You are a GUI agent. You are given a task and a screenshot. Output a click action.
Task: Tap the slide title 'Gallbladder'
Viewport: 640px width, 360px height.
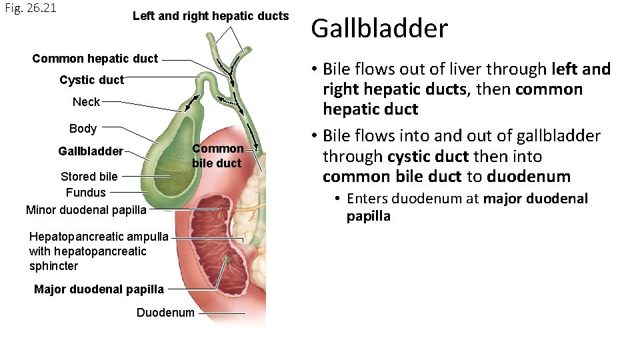[x=379, y=29]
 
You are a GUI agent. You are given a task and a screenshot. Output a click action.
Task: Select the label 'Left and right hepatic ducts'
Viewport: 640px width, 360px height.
[x=211, y=16]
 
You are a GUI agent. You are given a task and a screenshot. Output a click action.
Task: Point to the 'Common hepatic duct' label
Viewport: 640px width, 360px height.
[x=95, y=59]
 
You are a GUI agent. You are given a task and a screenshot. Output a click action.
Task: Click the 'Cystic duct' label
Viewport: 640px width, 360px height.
[x=91, y=80]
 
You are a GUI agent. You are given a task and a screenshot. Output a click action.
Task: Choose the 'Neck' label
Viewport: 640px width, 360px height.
[x=86, y=102]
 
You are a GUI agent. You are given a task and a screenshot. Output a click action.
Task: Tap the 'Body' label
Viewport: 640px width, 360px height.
[x=83, y=129]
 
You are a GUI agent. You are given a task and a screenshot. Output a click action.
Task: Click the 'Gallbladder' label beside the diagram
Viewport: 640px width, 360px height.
[x=91, y=151]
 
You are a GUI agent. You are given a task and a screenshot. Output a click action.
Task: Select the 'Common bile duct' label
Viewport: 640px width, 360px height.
[x=217, y=156]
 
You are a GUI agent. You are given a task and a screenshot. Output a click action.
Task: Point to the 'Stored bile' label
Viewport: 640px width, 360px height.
[x=89, y=177]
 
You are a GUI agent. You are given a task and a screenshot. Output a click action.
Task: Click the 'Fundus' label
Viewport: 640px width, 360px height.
[x=85, y=193]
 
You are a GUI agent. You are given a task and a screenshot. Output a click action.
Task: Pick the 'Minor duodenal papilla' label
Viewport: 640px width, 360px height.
[x=85, y=210]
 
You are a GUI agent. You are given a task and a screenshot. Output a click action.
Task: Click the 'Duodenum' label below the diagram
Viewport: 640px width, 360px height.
[x=165, y=313]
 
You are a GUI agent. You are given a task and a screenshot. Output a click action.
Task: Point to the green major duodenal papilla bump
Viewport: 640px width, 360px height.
[x=228, y=259]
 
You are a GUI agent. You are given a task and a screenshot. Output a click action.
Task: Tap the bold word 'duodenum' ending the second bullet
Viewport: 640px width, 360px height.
[x=529, y=177]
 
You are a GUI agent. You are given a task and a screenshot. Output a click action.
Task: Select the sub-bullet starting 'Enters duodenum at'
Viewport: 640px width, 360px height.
[x=467, y=207]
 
